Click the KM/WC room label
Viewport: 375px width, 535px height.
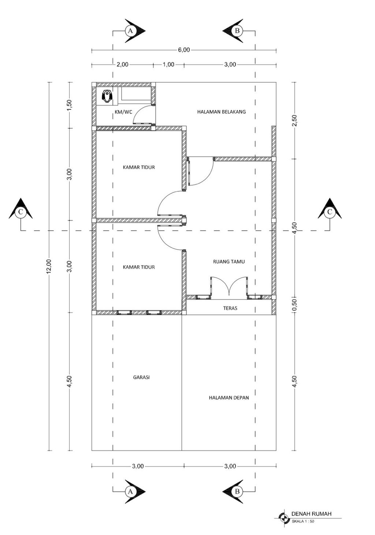click(x=123, y=112)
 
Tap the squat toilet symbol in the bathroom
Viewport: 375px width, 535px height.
click(x=107, y=96)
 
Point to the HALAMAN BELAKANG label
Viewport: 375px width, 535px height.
click(x=221, y=112)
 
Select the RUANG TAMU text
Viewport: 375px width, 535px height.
click(x=229, y=262)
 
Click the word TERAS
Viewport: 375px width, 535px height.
click(x=230, y=308)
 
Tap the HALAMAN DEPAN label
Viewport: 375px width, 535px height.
click(x=229, y=398)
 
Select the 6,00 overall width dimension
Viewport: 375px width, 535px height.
click(x=183, y=50)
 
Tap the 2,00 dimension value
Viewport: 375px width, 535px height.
click(x=122, y=64)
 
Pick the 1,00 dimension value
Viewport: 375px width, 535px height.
click(x=168, y=64)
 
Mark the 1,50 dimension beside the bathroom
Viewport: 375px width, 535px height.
click(x=69, y=105)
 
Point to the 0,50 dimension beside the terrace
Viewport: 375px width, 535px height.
click(x=295, y=305)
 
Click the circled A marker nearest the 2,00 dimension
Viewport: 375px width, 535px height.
click(x=130, y=31)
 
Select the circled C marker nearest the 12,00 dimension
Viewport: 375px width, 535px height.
click(x=21, y=212)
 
